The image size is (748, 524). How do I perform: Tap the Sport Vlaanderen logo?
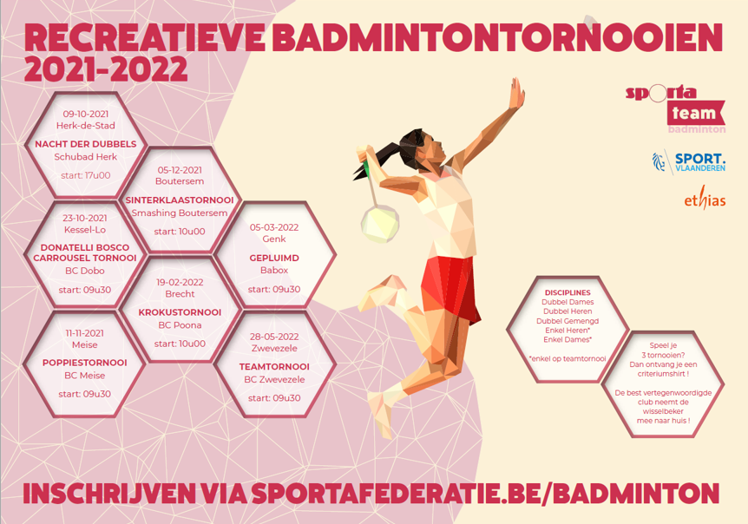689,162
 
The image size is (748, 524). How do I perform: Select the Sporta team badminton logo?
676,109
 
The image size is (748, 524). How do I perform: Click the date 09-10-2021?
86,114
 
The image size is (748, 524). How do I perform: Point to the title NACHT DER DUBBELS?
86,144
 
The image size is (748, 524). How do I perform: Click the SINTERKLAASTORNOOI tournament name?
180,200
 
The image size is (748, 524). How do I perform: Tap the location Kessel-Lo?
85,230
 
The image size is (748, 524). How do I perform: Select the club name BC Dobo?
85,271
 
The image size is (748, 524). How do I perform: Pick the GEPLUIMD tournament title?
274,258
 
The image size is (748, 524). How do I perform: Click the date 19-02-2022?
180,282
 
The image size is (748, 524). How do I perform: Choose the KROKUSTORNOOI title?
180,312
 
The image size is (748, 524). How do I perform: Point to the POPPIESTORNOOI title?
85,363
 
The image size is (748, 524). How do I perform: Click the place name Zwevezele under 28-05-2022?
274,348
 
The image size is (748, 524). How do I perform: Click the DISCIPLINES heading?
568,292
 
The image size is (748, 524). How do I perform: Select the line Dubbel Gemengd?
568,321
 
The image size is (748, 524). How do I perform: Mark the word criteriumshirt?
663,374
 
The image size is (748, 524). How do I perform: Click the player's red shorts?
449,287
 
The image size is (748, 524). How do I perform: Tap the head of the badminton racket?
380,223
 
